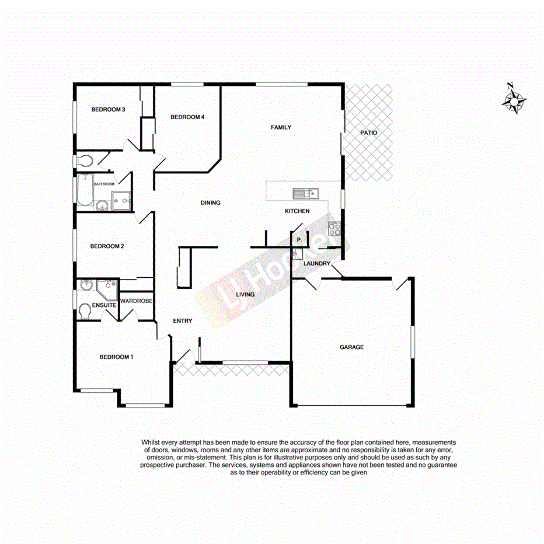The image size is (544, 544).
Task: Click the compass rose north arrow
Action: [x=514, y=99]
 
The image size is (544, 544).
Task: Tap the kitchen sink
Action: [x=305, y=192]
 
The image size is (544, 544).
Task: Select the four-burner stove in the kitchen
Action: [x=334, y=229]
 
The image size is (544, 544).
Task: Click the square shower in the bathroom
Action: [x=121, y=200]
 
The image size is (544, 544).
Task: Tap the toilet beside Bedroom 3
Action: [x=85, y=161]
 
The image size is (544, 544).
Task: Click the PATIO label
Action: [x=368, y=133]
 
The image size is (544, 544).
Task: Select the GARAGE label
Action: [x=352, y=347]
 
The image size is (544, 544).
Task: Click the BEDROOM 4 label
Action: [x=187, y=117]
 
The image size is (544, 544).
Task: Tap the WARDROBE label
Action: [x=136, y=301]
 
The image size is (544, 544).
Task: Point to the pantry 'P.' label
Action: [x=299, y=239]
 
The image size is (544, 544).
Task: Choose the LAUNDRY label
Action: [x=318, y=264]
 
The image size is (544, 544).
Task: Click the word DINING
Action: [x=210, y=203]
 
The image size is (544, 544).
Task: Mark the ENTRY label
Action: [x=183, y=321]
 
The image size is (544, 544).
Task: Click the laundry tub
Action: [x=296, y=254]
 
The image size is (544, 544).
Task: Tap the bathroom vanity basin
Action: [x=102, y=204]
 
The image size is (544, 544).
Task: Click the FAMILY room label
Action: [x=281, y=127]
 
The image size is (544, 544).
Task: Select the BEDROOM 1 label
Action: [x=116, y=357]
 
